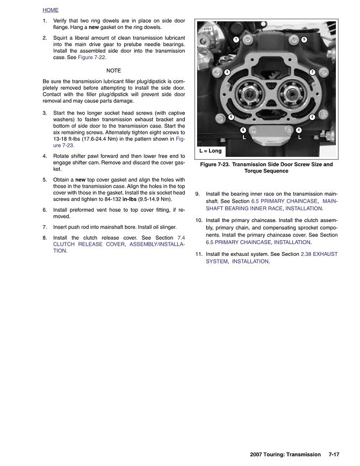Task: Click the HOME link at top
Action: tap(51, 10)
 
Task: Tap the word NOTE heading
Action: tap(114, 71)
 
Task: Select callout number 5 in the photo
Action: tap(304, 39)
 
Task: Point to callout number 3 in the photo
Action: tap(227, 72)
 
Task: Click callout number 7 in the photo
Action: tap(312, 72)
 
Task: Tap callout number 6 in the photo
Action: tap(231, 117)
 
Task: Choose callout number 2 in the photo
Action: tap(312, 117)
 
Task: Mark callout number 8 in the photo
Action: tap(243, 130)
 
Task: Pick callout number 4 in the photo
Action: tap(299, 130)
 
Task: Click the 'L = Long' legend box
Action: tap(211, 151)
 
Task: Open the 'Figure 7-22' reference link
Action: tap(91, 57)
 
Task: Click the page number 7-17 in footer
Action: tap(334, 455)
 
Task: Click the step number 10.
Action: tap(199, 220)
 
